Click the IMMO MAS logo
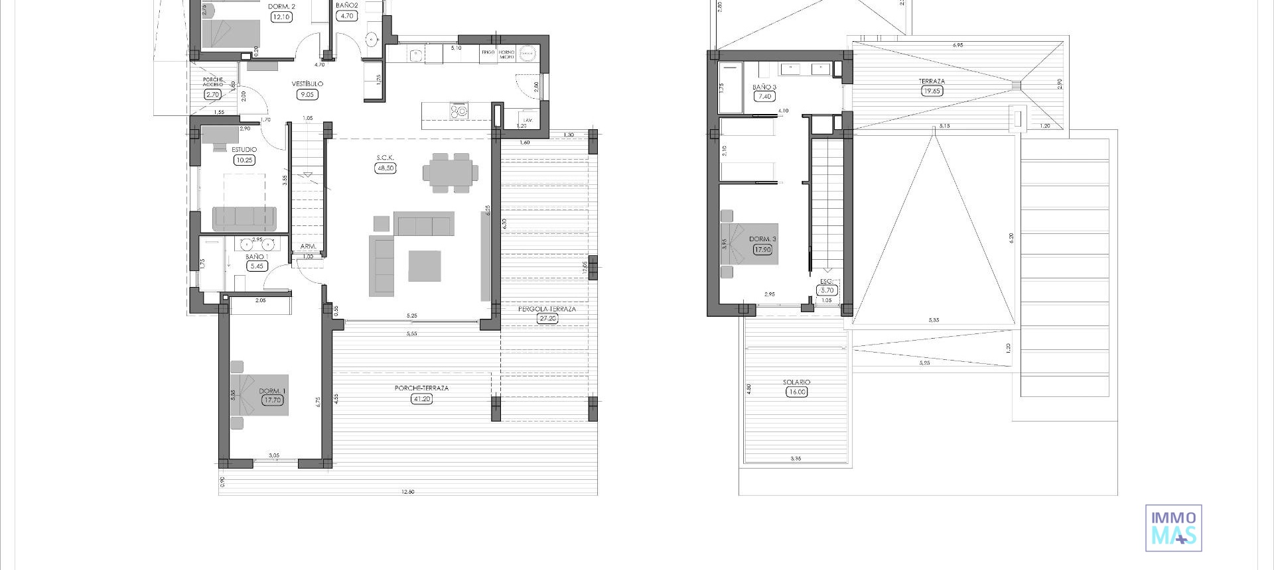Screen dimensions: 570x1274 1173,528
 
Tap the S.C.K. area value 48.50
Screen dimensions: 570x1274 385,168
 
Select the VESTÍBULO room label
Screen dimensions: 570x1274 307,84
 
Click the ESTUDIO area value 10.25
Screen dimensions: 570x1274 244,160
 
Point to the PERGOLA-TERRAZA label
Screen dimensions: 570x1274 547,309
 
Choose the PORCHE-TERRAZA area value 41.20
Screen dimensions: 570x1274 421,399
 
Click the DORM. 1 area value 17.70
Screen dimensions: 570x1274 272,400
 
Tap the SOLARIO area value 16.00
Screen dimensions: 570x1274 796,392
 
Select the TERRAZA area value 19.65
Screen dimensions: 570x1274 932,91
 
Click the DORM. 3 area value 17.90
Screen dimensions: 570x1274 762,250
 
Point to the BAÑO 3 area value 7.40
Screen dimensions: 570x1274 764,97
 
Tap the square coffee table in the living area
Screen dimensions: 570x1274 424,265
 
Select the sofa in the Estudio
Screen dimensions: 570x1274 244,217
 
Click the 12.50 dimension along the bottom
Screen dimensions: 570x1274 407,492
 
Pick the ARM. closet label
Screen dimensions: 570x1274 308,247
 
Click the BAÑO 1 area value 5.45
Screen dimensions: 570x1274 256,266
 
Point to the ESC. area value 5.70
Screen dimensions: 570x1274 827,290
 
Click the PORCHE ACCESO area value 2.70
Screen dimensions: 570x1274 212,95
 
